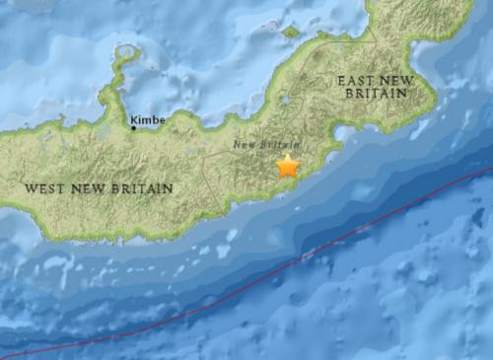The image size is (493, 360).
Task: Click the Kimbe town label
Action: pyautogui.click(x=148, y=119)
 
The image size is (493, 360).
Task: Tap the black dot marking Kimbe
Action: pyautogui.click(x=134, y=126)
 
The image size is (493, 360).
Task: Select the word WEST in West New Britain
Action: pyautogui.click(x=45, y=187)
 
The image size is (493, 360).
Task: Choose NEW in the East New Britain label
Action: pyautogui.click(x=398, y=78)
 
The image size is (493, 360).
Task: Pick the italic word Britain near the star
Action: pyautogui.click(x=275, y=145)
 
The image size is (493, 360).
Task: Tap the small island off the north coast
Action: pyautogui.click(x=291, y=32)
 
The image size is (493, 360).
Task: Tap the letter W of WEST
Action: pyautogui.click(x=32, y=187)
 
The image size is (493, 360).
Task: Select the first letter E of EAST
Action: pyautogui.click(x=341, y=78)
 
